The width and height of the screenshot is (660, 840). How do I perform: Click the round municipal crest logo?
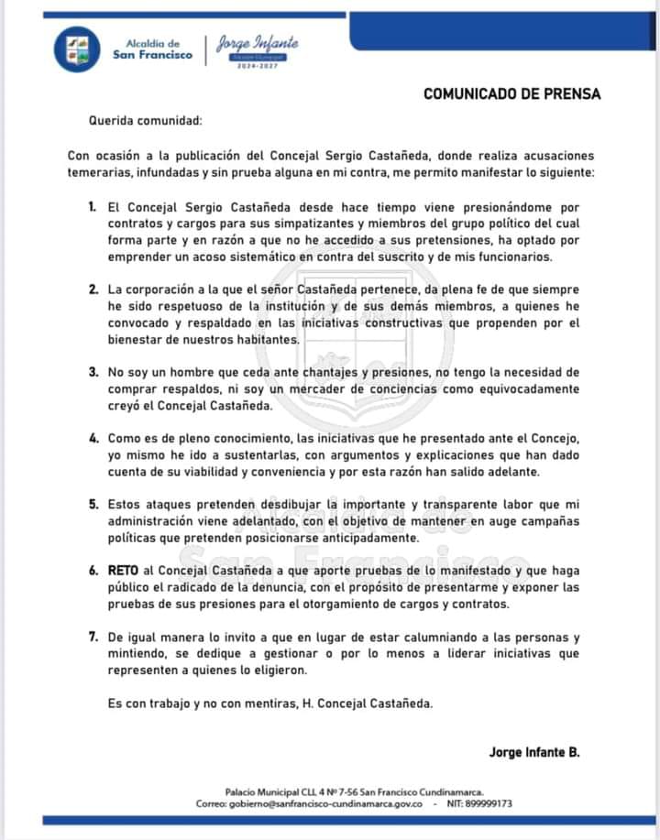coord(77,49)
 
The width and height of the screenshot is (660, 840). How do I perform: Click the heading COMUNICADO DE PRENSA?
coord(512,94)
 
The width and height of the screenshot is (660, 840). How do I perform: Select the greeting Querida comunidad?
coord(144,121)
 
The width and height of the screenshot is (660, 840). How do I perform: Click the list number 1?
coord(93,208)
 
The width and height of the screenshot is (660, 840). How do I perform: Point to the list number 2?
coord(93,289)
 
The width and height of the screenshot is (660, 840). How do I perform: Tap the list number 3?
coord(93,372)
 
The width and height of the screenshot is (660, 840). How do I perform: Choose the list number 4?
coord(93,438)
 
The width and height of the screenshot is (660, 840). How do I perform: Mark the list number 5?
coord(93,504)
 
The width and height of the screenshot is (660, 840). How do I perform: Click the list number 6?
coord(93,570)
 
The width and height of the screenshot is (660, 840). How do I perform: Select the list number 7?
coord(93,636)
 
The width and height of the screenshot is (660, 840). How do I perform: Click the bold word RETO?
coord(124,570)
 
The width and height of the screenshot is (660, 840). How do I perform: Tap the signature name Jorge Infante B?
coord(534,752)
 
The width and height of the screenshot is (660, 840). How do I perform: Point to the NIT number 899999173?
coord(489,803)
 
